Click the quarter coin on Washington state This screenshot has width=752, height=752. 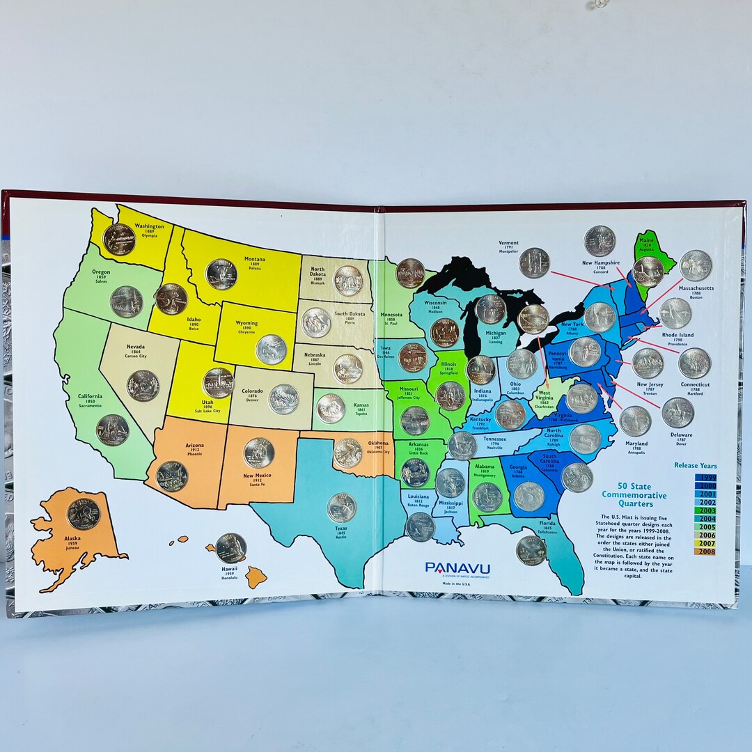tap(118, 239)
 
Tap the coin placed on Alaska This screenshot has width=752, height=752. tap(84, 514)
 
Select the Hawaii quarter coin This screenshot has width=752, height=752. tap(230, 548)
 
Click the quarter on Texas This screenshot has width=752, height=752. tap(342, 508)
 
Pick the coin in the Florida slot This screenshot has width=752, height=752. tap(531, 550)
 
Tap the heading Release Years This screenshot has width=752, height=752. tap(695, 465)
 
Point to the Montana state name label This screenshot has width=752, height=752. tap(254, 259)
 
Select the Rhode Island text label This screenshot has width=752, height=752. tap(677, 335)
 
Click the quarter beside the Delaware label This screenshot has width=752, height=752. tap(677, 412)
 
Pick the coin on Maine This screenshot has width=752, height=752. tap(648, 272)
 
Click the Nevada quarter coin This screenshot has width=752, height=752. tap(143, 385)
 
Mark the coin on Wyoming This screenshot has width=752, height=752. tap(271, 350)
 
